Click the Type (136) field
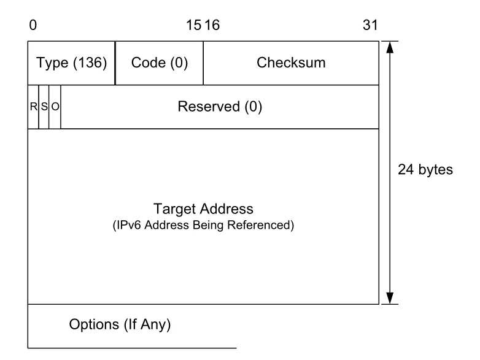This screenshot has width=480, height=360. tap(71, 63)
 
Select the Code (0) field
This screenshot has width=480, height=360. tap(160, 63)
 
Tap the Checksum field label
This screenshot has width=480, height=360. tap(291, 63)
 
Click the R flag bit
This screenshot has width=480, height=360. tap(33, 107)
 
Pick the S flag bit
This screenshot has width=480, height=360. tap(44, 107)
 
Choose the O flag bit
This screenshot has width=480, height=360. tap(55, 107)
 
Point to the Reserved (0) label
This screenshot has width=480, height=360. tap(220, 107)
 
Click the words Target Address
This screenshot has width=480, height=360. tap(203, 209)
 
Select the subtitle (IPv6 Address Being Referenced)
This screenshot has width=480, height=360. tap(203, 225)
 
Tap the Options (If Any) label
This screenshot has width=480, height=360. tap(120, 324)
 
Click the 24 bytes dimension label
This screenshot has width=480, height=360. tap(425, 169)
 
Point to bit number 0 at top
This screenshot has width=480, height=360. tap(33, 25)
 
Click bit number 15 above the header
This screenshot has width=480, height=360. tap(194, 25)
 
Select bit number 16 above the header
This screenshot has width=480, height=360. tap(212, 25)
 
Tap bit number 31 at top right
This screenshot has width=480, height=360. tap(370, 25)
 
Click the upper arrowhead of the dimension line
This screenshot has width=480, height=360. tap(390, 47)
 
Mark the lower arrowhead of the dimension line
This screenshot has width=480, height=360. tap(390, 298)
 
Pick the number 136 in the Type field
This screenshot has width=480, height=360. tap(90, 63)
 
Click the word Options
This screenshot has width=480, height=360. tap(94, 324)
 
